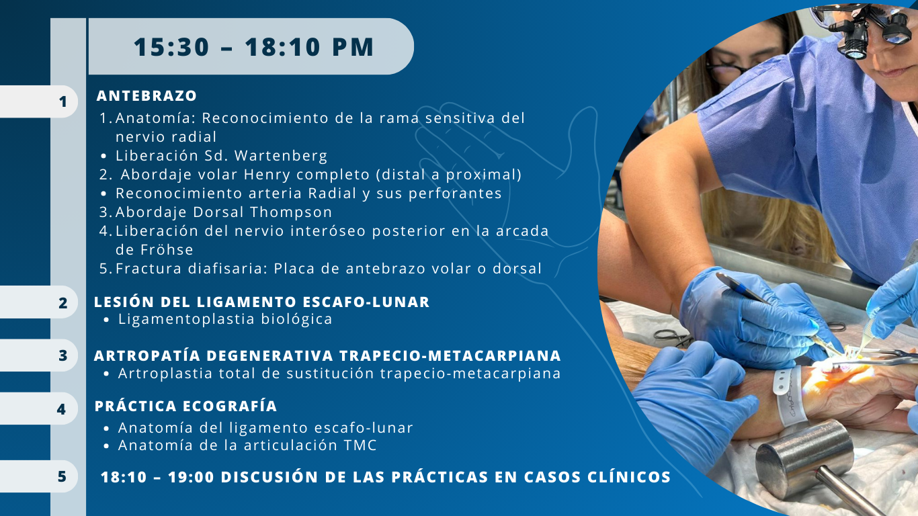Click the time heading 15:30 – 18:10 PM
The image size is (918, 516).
(253, 47)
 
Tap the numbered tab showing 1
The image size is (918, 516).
(39, 101)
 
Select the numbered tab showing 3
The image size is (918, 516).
(39, 355)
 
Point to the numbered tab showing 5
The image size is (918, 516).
(39, 476)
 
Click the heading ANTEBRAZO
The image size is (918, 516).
(147, 96)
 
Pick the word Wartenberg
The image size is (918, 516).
(281, 156)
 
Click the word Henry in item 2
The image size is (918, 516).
(267, 175)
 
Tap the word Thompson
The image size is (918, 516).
(291, 212)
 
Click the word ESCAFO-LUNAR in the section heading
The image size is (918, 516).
(366, 302)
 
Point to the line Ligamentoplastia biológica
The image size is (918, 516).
(225, 319)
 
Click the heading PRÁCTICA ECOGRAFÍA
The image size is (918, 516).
(185, 406)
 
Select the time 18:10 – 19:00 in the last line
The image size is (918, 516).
(157, 477)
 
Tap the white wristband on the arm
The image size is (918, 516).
(789, 396)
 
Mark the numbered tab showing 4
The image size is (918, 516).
(39, 408)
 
